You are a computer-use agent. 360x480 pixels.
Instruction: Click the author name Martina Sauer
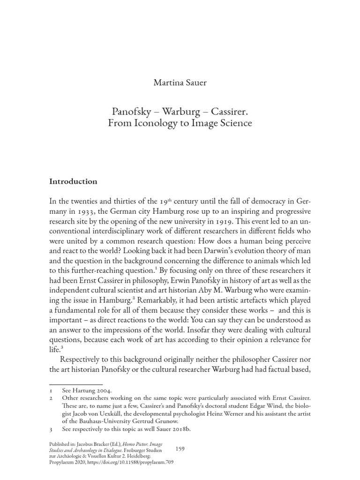[x=180, y=83]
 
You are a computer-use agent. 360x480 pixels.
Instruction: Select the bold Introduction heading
[x=73, y=181]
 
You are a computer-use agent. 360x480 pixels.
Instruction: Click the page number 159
[x=180, y=449]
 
